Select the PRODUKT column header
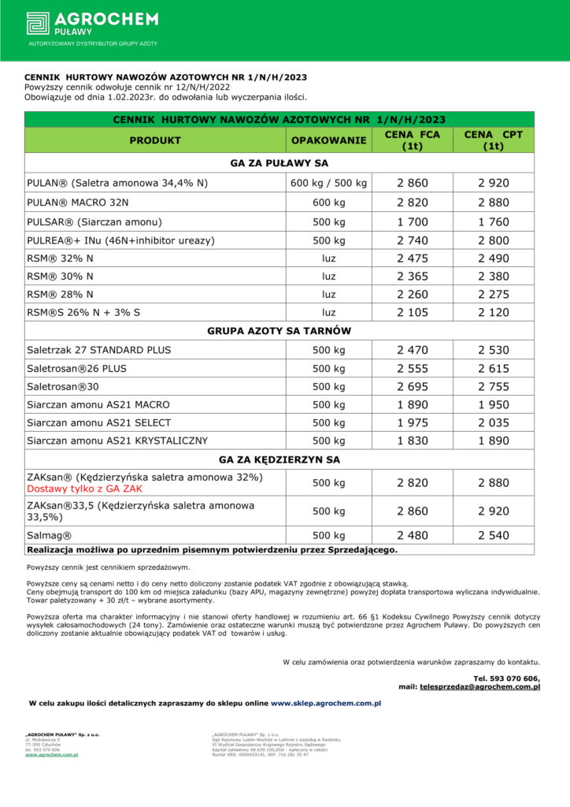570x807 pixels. pyautogui.click(x=155, y=140)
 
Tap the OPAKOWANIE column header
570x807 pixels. pyautogui.click(x=329, y=140)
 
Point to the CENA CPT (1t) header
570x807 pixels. pyautogui.click(x=494, y=140)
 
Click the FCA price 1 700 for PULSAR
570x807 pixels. pyautogui.click(x=413, y=221)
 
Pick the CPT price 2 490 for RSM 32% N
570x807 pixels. pyautogui.click(x=494, y=258)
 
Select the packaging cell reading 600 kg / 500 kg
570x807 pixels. pyautogui.click(x=329, y=184)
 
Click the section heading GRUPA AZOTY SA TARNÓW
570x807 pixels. pyautogui.click(x=279, y=331)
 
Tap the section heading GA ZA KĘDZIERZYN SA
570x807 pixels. pyautogui.click(x=279, y=459)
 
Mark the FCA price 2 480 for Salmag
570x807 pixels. pyautogui.click(x=413, y=535)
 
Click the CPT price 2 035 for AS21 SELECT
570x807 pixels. pyautogui.click(x=494, y=422)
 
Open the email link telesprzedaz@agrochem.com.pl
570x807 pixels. pyautogui.click(x=479, y=687)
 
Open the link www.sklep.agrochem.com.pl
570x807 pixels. pyautogui.click(x=326, y=702)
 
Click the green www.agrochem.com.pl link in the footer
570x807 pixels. pyautogui.click(x=51, y=754)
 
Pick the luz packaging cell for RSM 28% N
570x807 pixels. pyautogui.click(x=329, y=295)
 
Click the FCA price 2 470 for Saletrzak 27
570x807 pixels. pyautogui.click(x=413, y=350)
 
